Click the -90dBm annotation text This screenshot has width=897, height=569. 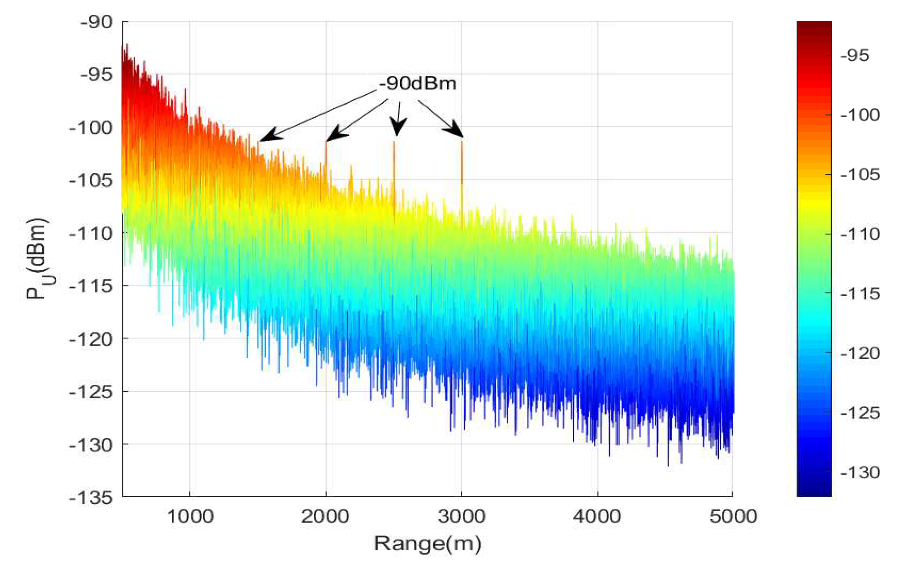coord(417,83)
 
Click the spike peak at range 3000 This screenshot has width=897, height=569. coord(462,142)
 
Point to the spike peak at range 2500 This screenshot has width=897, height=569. coord(394,143)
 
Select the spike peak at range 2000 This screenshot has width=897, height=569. coord(326,143)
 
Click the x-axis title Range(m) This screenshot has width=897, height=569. coord(427,543)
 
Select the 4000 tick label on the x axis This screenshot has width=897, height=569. coord(598,517)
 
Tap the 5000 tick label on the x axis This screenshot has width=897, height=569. coord(733,517)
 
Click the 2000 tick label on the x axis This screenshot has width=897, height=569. coord(326,517)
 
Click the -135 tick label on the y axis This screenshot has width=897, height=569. coord(91,497)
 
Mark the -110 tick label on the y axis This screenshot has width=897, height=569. coord(91,233)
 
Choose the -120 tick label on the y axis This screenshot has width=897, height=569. coord(91,339)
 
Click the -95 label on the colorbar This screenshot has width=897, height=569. coord(855,55)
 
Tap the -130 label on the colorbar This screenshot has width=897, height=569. coord(860,472)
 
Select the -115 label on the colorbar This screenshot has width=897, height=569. coord(860,294)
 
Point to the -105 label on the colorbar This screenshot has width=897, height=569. coord(860,174)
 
